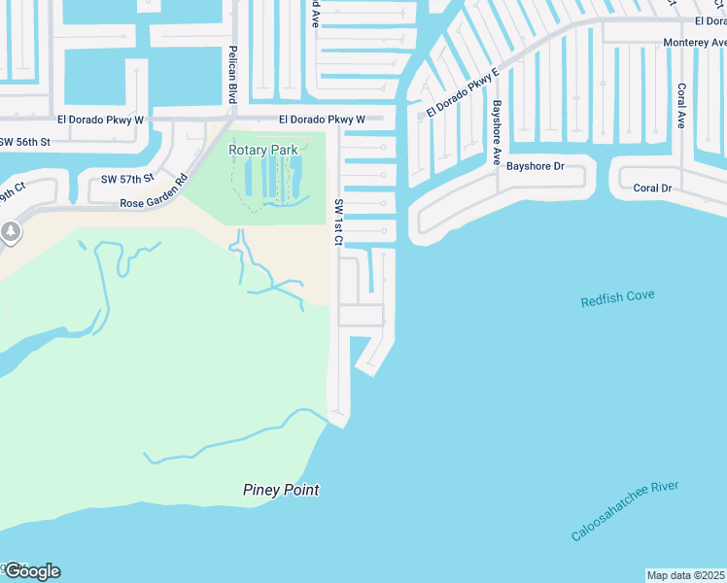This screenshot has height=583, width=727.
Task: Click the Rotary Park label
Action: click(262, 150)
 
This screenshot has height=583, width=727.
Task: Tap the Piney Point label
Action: click(281, 490)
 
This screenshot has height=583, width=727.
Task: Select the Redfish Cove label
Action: click(618, 298)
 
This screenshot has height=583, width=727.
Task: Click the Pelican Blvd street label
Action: click(232, 74)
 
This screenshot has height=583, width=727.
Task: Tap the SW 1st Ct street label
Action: click(339, 223)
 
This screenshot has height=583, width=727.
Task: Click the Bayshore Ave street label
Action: click(496, 133)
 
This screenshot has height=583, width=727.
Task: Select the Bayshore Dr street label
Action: click(535, 166)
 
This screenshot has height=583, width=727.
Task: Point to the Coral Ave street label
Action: click(681, 106)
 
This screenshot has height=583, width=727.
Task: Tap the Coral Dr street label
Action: click(652, 188)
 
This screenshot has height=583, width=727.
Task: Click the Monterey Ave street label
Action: click(694, 43)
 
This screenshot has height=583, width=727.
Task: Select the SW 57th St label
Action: click(127, 179)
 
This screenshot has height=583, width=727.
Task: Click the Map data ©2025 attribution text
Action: click(686, 575)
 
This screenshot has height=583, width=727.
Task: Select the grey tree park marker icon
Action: click(11, 232)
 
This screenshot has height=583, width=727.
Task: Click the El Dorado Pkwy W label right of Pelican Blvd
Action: click(322, 120)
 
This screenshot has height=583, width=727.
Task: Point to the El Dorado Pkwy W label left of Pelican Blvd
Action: click(100, 120)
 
